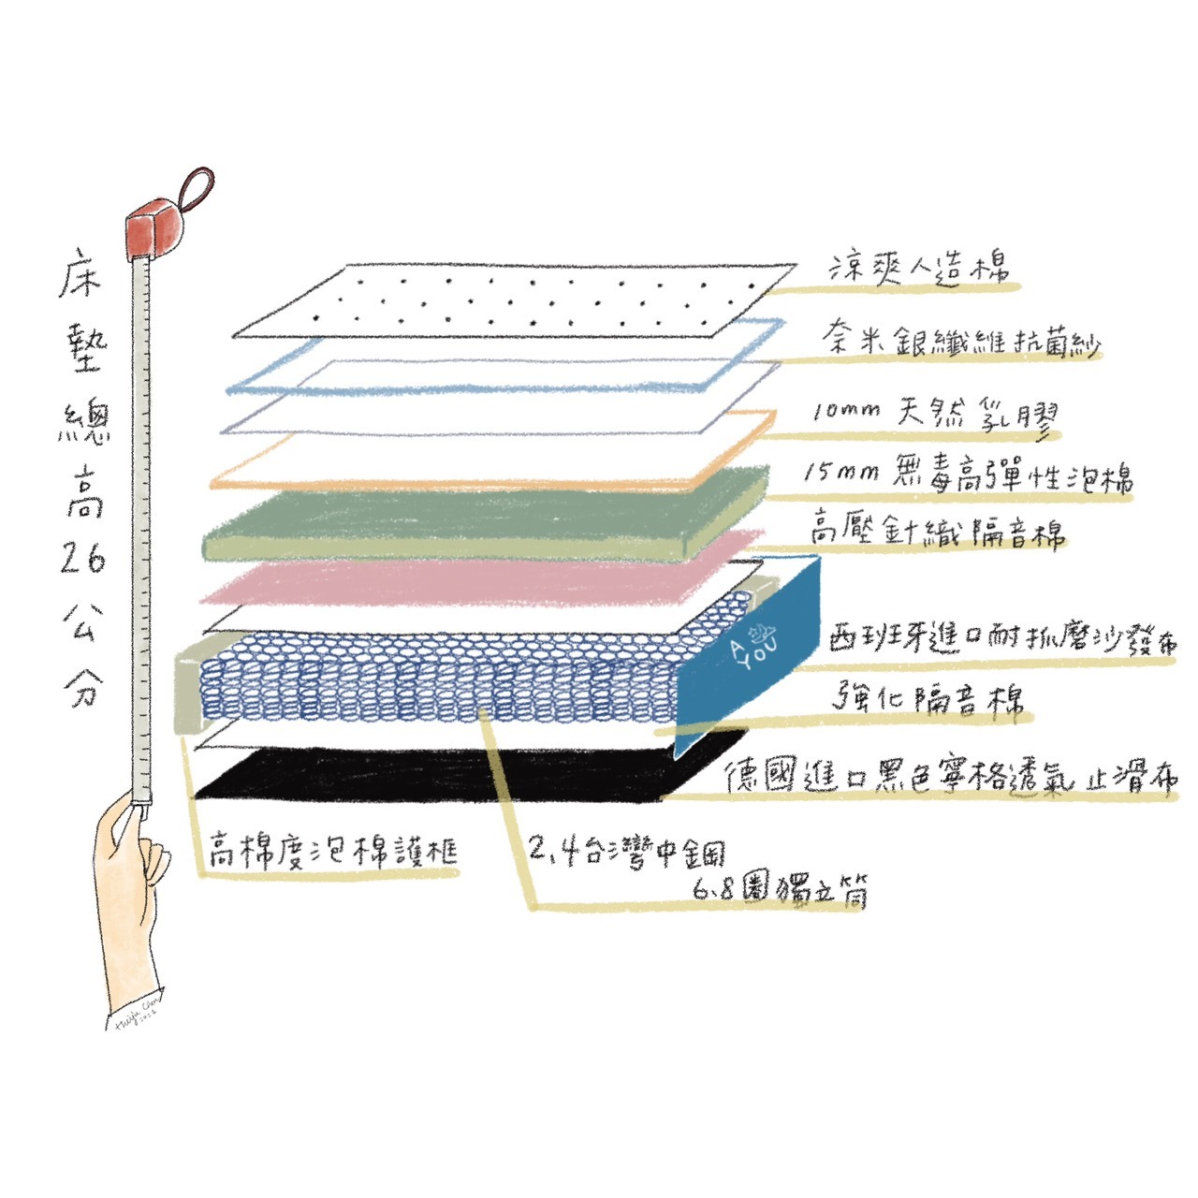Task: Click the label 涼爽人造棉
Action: (921, 267)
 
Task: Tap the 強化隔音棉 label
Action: (928, 698)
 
